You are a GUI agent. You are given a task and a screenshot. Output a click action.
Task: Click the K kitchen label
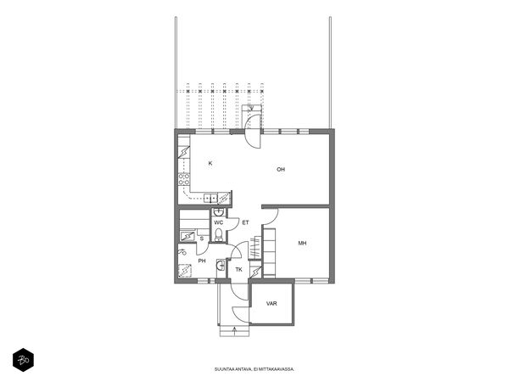pyautogui.click(x=210, y=163)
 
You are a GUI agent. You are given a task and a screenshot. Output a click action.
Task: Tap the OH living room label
pyautogui.click(x=281, y=169)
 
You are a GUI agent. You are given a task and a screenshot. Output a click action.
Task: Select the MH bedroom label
pyautogui.click(x=302, y=243)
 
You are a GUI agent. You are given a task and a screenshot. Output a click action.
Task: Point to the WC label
pyautogui.click(x=219, y=222)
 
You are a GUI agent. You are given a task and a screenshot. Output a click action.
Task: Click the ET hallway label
pyautogui.click(x=245, y=222)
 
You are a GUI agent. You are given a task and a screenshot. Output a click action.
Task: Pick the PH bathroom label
pyautogui.click(x=202, y=261)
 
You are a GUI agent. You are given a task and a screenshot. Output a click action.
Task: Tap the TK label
pyautogui.click(x=239, y=270)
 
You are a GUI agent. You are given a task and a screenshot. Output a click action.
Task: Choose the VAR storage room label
pyautogui.click(x=271, y=304)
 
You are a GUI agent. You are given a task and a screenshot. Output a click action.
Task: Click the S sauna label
pyautogui.click(x=202, y=239)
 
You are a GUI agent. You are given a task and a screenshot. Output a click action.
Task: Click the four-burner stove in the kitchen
pyautogui.click(x=184, y=179)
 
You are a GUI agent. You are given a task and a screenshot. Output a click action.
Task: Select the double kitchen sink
pyautogui.click(x=210, y=198)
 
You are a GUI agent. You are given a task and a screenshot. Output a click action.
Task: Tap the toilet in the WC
pyautogui.click(x=219, y=234)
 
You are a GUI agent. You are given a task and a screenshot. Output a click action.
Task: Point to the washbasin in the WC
pyautogui.click(x=219, y=212)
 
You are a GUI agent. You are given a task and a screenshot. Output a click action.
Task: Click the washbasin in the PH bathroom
pyautogui.click(x=221, y=265)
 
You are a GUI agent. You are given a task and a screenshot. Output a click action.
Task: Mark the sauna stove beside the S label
pyautogui.click(x=187, y=237)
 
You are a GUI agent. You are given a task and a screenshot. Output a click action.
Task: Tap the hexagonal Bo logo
pyautogui.click(x=24, y=360)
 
